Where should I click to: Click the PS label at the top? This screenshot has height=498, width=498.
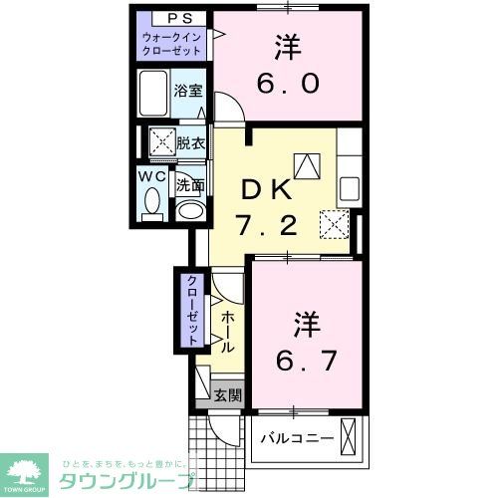coord(172,19)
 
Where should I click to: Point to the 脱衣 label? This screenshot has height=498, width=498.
coord(190,142)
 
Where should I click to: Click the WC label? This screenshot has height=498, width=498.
coord(152,176)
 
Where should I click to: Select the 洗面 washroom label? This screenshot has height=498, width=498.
coord(190,184)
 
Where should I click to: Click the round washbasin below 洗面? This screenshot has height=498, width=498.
coord(189,210)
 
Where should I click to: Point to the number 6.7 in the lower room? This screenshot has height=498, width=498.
coord(302,359)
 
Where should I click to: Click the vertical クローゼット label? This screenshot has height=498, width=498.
coord(189,309)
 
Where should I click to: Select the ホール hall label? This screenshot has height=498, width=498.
coord(227,333)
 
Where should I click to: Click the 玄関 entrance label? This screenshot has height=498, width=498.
coord(227,394)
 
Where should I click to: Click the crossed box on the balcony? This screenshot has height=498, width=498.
coord(349,434)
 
